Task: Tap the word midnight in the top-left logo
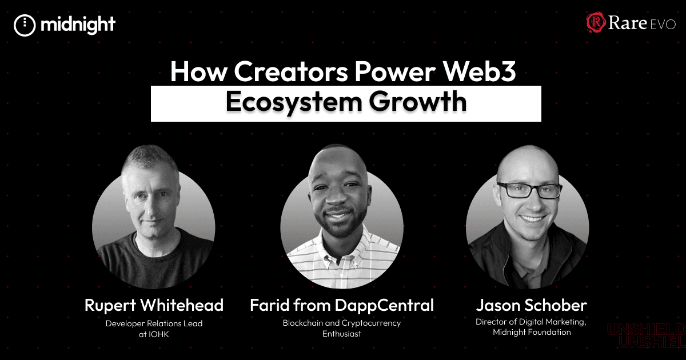click(78, 25)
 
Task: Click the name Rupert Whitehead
click(154, 305)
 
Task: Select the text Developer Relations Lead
click(154, 323)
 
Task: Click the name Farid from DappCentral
click(342, 305)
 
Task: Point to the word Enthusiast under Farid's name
click(342, 333)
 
